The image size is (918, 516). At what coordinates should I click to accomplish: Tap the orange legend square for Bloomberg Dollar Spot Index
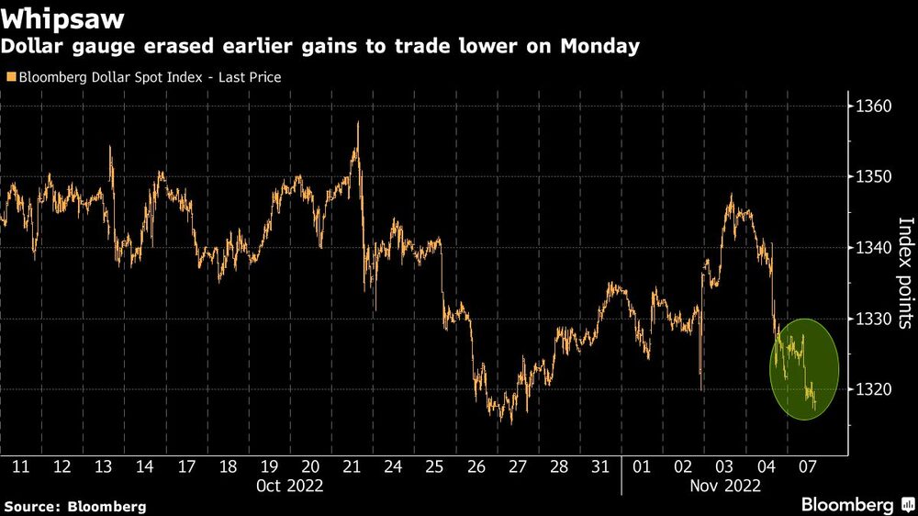tap(10, 77)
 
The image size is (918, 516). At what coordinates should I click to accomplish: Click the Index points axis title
tap(905, 273)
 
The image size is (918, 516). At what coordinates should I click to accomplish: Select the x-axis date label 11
tap(20, 466)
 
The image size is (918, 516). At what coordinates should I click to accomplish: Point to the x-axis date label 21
tap(351, 466)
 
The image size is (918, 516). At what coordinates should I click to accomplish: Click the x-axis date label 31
tap(599, 466)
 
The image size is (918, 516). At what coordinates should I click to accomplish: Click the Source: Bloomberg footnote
tap(75, 506)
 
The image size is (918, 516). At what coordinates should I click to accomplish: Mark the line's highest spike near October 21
tap(357, 122)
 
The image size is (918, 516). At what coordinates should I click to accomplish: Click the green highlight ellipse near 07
tap(804, 369)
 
